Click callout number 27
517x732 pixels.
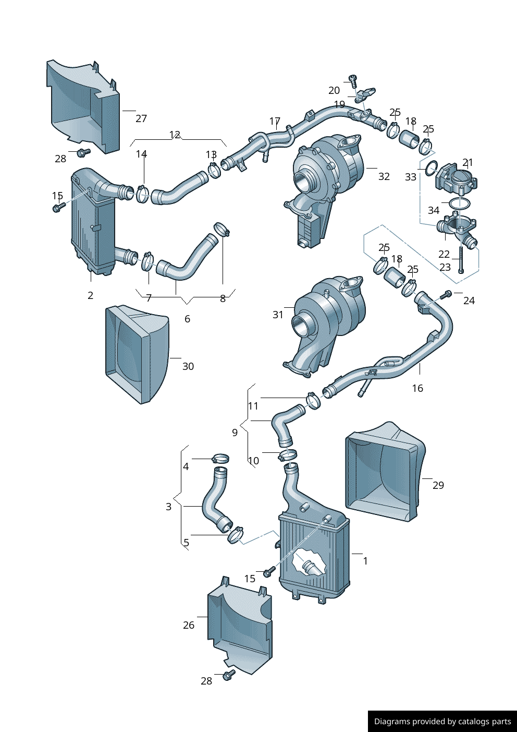tap(141, 118)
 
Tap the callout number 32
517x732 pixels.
tap(384, 176)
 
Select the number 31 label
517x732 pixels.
tap(278, 315)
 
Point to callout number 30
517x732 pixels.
tap(188, 366)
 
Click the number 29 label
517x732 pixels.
tap(438, 485)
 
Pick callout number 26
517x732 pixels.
tap(189, 625)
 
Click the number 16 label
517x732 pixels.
tap(417, 388)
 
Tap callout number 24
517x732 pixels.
tap(469, 301)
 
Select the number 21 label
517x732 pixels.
tap(467, 163)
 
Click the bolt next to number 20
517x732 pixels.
tap(353, 80)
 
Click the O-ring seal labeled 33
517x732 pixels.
tap(430, 168)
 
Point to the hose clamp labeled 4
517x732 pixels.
tap(220, 459)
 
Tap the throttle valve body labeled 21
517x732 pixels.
tap(457, 179)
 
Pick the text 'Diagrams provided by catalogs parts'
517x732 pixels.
tap(442, 722)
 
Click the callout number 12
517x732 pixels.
tap(175, 135)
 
